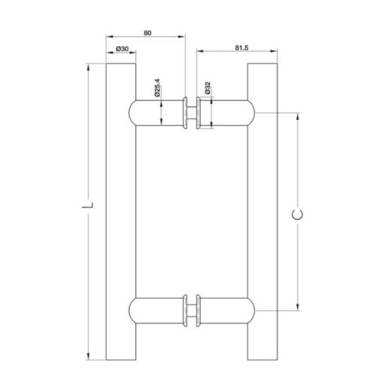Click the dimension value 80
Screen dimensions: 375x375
click(146, 31)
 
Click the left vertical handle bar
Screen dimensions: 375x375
click(120, 210)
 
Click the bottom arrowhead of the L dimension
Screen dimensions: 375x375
click(90, 356)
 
